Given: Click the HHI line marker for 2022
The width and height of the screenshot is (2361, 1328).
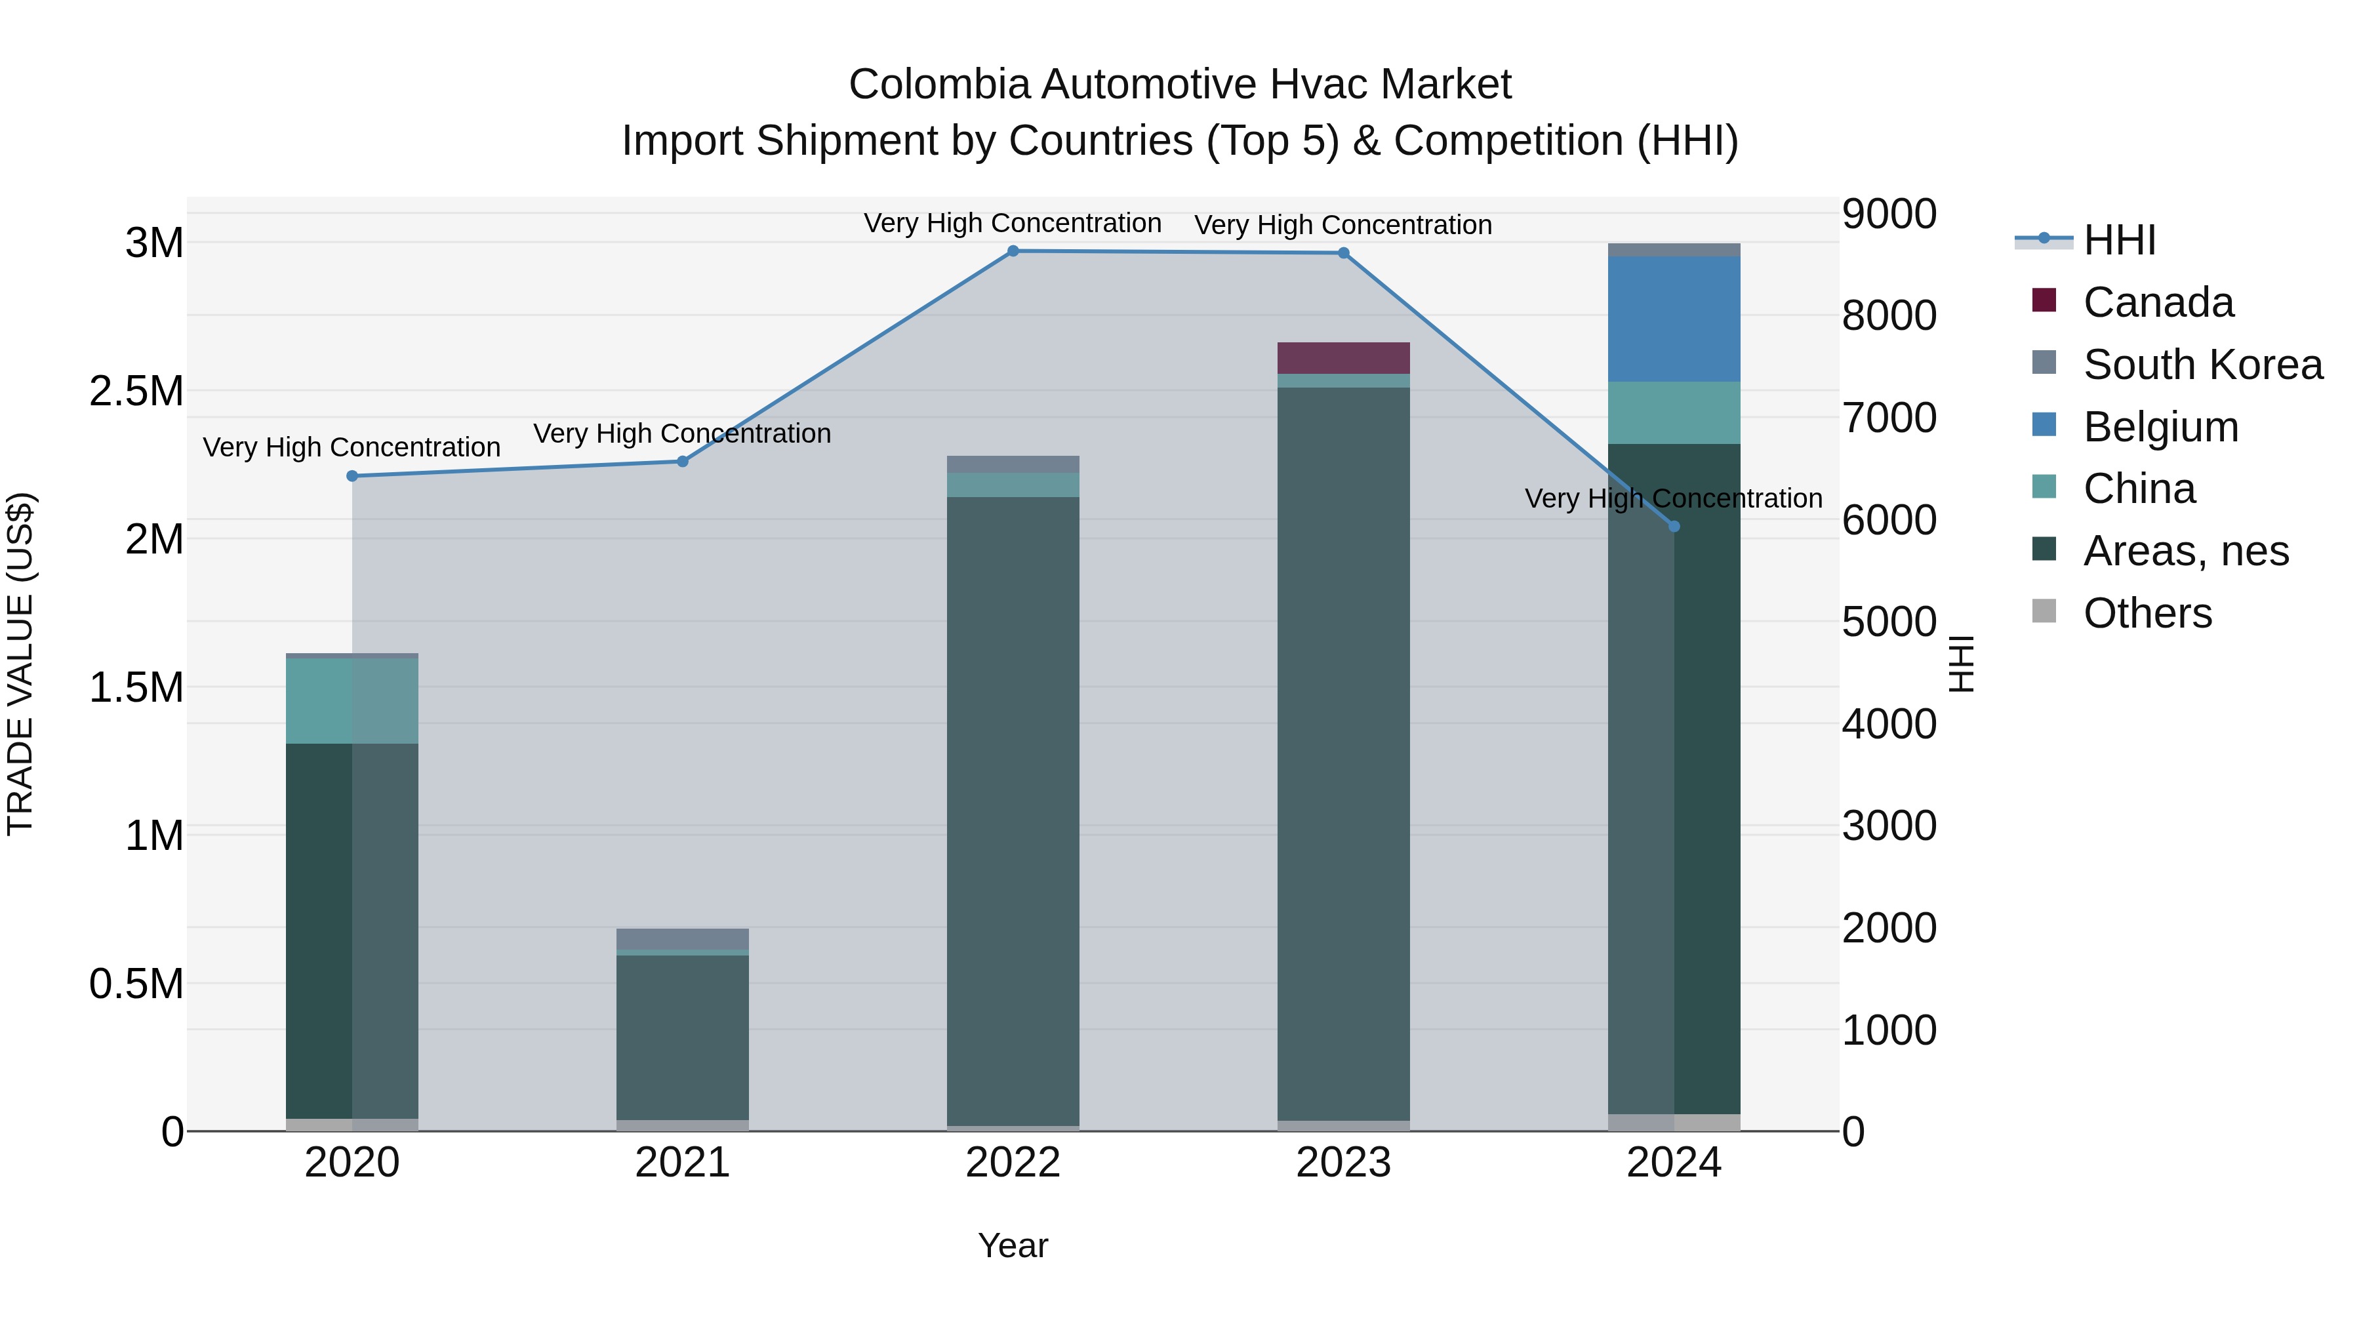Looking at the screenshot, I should [1013, 251].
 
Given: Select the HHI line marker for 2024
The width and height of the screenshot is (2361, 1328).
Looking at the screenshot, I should [1674, 526].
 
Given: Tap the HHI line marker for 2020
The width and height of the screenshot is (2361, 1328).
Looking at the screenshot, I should [352, 475].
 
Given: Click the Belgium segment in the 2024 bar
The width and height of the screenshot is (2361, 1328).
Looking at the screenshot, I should [1674, 319].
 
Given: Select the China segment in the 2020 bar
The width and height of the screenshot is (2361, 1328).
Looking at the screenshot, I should [352, 700].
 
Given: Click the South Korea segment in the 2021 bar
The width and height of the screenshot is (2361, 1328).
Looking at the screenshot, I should [682, 939].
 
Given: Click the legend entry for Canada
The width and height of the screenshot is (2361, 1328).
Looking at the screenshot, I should [2158, 302].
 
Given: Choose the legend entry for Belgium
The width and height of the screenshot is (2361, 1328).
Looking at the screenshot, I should [2160, 427].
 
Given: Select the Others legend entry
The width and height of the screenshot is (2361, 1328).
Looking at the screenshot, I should [2147, 613].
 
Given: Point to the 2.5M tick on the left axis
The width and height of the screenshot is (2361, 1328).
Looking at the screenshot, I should [136, 392].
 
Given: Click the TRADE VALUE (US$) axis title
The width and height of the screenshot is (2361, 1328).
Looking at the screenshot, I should [20, 664].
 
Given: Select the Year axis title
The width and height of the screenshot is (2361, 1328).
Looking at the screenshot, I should [1013, 1245].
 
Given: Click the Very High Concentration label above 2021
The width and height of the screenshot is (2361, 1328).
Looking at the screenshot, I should [682, 433].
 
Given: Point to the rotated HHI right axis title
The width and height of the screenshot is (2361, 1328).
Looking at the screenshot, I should [1960, 664].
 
